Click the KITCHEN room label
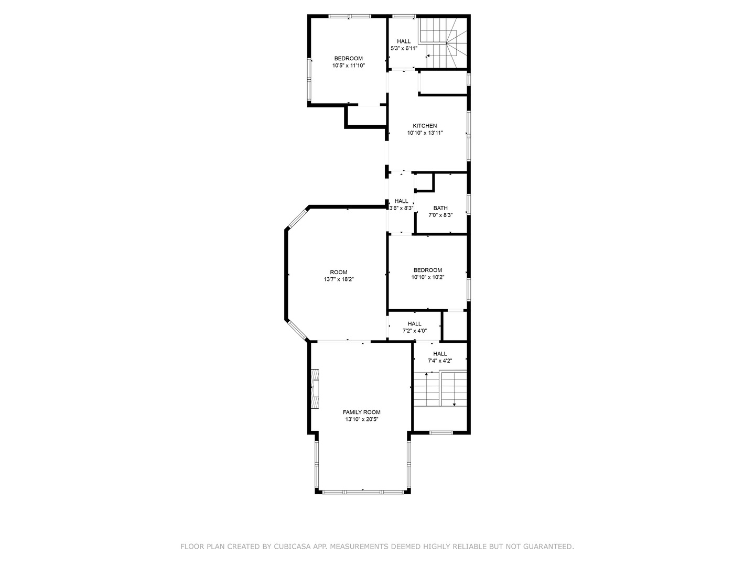(x=425, y=126)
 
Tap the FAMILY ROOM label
(x=361, y=412)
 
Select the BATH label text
(x=440, y=208)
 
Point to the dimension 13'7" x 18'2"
(x=339, y=279)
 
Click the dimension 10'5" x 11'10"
(x=349, y=66)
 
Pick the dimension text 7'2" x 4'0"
(x=415, y=331)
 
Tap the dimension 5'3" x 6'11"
(x=404, y=48)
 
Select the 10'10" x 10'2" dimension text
(x=427, y=277)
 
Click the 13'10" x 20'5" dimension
(x=361, y=419)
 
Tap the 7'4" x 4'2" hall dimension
(x=439, y=361)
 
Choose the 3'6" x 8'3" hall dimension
(x=401, y=208)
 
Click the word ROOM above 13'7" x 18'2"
(x=339, y=272)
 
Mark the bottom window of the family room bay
(x=363, y=492)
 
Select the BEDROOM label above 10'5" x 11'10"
(x=349, y=58)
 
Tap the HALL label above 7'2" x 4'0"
(x=415, y=324)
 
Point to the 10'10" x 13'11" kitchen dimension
(x=425, y=133)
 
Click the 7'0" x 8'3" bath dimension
(x=440, y=215)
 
